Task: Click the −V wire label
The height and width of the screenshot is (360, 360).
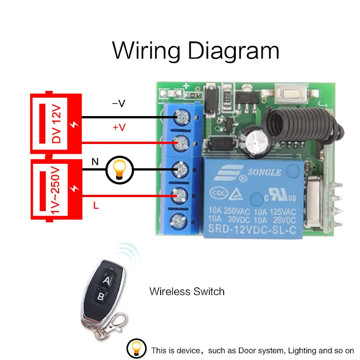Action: pyautogui.click(x=118, y=103)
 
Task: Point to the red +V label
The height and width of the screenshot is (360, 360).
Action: pyautogui.click(x=119, y=127)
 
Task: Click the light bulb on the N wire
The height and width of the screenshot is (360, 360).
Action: pyautogui.click(x=119, y=170)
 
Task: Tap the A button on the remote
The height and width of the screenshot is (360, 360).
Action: pyautogui.click(x=107, y=281)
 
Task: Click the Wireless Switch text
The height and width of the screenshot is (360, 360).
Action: pyautogui.click(x=187, y=291)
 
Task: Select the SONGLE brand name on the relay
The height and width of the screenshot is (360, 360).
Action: pyautogui.click(x=265, y=172)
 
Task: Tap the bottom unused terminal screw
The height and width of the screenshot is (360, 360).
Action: pyautogui.click(x=182, y=220)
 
